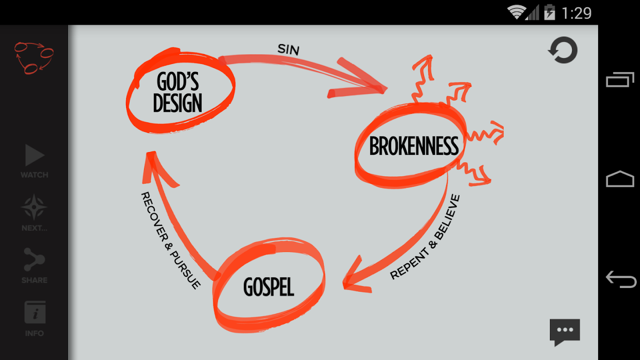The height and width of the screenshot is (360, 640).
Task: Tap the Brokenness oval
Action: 413,146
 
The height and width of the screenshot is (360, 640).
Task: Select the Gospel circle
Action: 269,287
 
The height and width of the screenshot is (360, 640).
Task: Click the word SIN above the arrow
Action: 288,49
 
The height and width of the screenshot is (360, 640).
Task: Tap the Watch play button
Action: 34,156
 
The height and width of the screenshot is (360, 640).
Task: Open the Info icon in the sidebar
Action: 35,313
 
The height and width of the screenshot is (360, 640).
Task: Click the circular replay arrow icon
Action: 563,50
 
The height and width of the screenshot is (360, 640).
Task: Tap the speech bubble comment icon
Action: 564,332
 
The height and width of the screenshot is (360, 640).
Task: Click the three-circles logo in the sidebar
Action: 34,57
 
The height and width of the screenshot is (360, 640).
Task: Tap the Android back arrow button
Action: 621,279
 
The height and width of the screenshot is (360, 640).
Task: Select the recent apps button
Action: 620,80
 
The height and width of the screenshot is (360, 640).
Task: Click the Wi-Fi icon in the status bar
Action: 516,12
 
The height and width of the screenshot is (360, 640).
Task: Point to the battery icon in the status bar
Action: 550,12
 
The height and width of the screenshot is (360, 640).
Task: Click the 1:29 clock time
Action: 577,13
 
